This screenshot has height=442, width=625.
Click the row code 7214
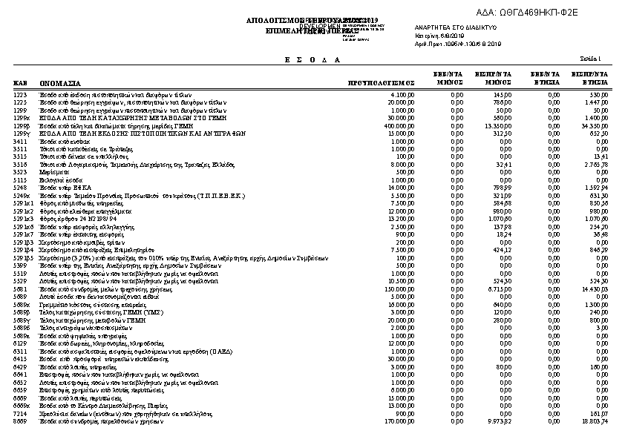point(20,415)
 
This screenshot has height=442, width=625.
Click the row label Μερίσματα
point(53,171)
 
